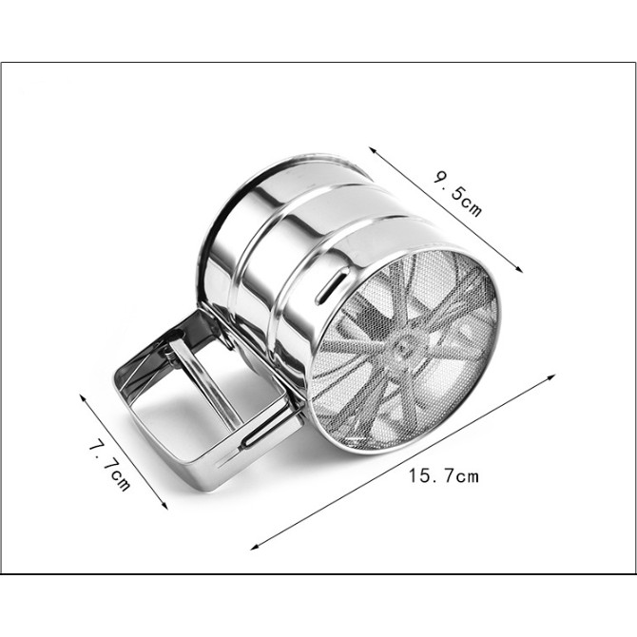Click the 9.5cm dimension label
[x=458, y=194]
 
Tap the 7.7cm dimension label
[x=109, y=466]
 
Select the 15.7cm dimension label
[x=444, y=475]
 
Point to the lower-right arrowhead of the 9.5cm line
[x=518, y=268]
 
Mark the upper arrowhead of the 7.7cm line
[x=83, y=396]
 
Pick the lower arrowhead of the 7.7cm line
[x=164, y=505]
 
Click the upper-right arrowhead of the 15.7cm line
[x=551, y=376]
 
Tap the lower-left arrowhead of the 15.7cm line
[x=254, y=547]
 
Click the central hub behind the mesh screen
[x=402, y=348]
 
